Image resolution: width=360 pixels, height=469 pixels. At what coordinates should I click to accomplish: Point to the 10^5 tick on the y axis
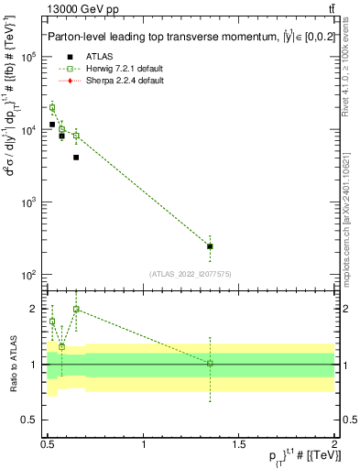(28, 57)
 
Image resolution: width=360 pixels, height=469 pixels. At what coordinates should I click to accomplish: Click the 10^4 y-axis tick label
(28, 129)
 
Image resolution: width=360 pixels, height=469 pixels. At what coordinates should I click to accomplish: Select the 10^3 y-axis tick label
(28, 202)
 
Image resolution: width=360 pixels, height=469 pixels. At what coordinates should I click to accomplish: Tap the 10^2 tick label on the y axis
(28, 275)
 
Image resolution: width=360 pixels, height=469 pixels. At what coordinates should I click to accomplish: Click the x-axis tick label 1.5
(239, 444)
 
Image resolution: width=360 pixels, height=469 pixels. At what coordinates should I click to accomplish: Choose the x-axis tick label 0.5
(49, 444)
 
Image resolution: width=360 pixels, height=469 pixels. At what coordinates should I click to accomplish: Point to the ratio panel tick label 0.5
(28, 420)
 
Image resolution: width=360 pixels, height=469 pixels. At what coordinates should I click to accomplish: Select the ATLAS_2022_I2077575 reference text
(190, 273)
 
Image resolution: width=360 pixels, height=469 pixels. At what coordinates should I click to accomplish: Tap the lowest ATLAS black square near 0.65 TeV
(76, 158)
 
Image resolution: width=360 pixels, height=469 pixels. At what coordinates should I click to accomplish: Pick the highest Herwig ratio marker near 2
(76, 310)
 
